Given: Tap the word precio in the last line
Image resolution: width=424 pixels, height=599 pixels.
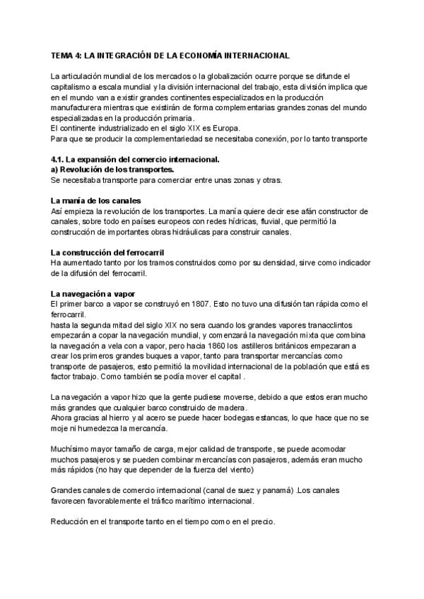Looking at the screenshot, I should click(259, 522).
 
